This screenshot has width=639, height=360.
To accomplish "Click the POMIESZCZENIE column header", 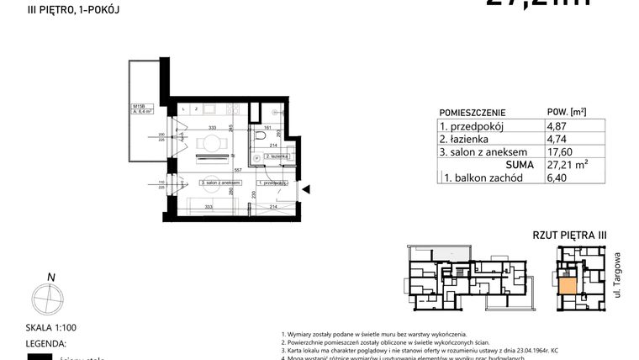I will point(473,112).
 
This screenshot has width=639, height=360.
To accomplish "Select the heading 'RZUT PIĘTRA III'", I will point(570,236).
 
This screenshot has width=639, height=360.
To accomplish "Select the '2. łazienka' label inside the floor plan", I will point(277,157).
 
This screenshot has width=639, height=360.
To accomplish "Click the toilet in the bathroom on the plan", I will point(262,137).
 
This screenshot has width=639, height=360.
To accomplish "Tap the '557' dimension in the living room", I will point(238,170).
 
